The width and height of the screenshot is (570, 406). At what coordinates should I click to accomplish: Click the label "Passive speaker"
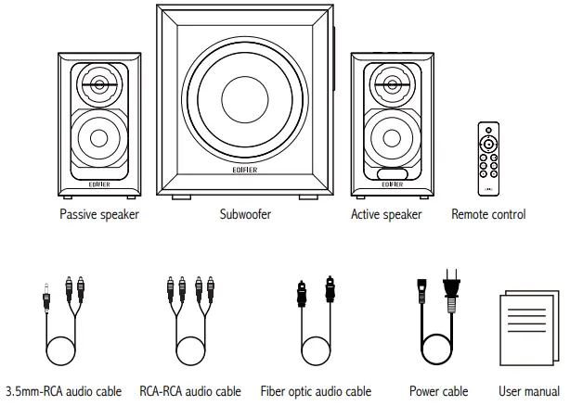click(x=98, y=215)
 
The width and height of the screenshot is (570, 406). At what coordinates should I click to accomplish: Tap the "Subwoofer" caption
click(x=246, y=215)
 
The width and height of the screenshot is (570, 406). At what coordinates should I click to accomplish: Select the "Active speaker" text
click(x=386, y=215)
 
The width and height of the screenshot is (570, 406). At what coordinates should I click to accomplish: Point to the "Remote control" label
click(x=488, y=215)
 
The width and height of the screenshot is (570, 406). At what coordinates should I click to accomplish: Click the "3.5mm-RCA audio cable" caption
click(x=64, y=391)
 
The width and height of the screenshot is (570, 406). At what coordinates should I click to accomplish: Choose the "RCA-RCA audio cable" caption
click(x=190, y=391)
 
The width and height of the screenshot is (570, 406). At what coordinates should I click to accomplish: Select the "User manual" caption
click(x=528, y=391)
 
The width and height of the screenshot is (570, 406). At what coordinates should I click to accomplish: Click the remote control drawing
click(x=488, y=157)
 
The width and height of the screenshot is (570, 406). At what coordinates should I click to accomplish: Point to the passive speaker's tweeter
click(x=99, y=86)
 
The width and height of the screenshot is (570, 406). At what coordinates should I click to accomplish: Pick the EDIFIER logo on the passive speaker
click(x=99, y=183)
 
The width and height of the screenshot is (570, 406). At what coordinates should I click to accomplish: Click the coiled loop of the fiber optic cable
click(x=315, y=353)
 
